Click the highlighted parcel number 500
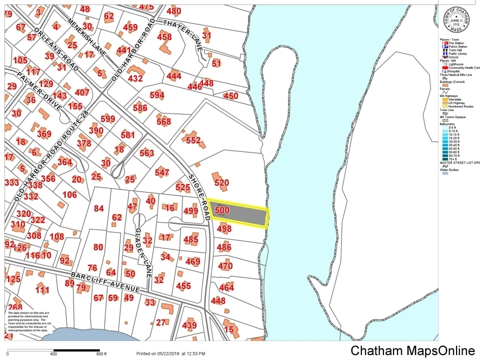point(221,210)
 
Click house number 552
point(193,140)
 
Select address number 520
point(221,183)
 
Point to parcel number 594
point(157,95)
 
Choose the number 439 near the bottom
point(189,325)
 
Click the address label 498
point(224,229)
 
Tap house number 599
point(107,119)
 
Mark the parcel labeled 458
point(164,37)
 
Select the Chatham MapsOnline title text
point(412,350)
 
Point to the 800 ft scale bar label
point(101,354)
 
